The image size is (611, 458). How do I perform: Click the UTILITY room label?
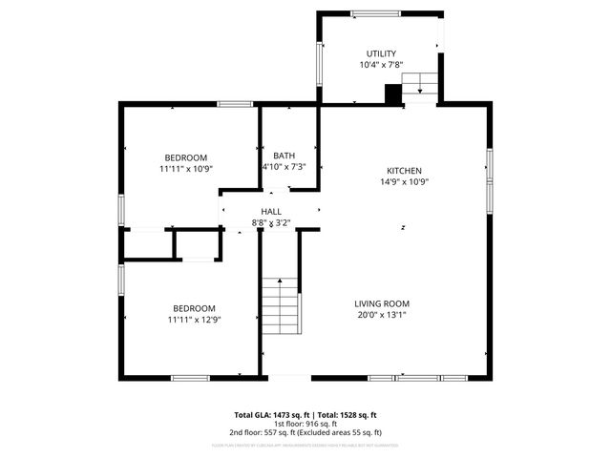[381, 53]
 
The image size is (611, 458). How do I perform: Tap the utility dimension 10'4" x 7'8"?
[381, 65]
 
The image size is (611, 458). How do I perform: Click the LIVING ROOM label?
[382, 303]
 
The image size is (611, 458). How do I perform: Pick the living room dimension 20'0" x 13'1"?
[382, 315]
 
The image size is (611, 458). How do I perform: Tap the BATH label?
[284, 156]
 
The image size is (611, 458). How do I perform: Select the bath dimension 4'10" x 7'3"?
[284, 167]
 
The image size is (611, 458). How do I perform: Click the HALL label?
[271, 211]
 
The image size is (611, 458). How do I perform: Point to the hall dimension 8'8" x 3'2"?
[271, 222]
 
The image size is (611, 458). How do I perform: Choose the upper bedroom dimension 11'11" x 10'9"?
[185, 168]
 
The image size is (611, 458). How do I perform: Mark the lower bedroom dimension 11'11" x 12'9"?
[194, 320]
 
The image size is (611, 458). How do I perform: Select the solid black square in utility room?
[391, 94]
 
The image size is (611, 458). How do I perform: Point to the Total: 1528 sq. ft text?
[347, 415]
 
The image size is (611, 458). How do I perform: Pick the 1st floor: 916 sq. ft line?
[305, 425]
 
